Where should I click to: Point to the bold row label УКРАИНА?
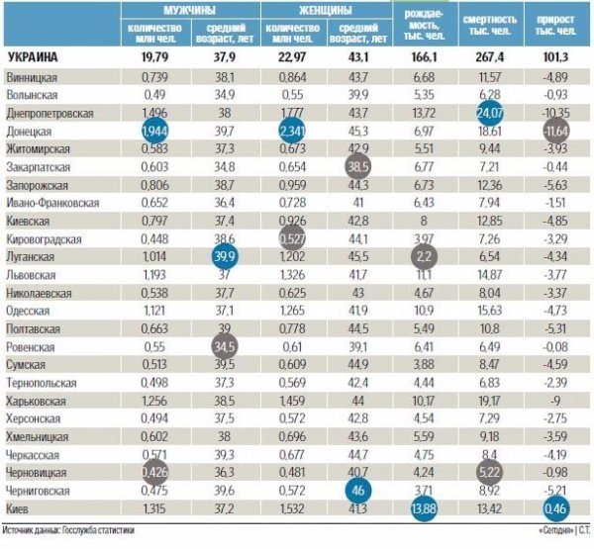(x=33, y=58)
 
